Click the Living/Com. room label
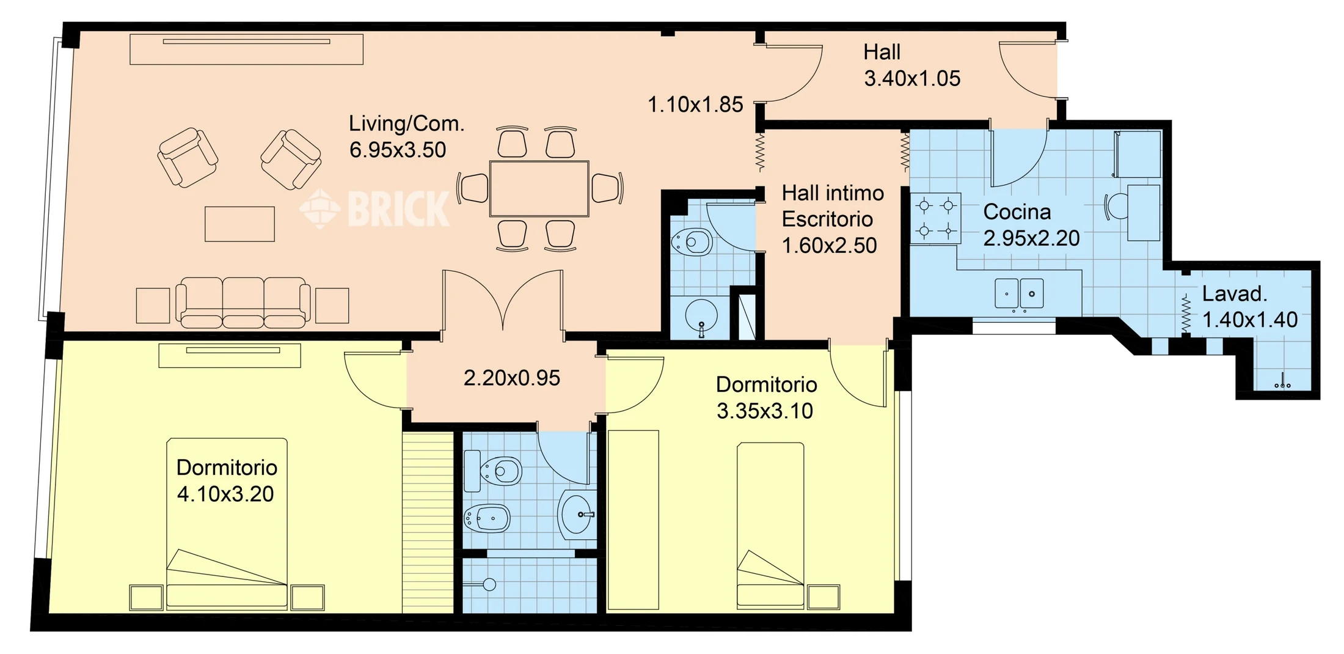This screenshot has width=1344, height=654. tap(406, 123)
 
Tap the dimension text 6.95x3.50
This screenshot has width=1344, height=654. tap(398, 150)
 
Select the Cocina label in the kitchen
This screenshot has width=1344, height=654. tap(1017, 212)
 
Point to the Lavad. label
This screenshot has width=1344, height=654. tap(1235, 294)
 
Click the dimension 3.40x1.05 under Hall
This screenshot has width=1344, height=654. tap(912, 78)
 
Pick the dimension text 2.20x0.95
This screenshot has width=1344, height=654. tap(512, 378)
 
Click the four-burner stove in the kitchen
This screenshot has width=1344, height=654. tap(935, 219)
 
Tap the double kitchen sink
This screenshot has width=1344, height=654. tap(1019, 293)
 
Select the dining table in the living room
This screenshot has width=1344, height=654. tap(539, 189)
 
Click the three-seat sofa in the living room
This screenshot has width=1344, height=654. tap(243, 303)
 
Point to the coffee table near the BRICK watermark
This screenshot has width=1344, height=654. tap(239, 224)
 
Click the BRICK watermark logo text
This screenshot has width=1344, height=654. tap(398, 208)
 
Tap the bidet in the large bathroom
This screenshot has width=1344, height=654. tap(487, 519)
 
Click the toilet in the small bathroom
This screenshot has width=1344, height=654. tap(692, 242)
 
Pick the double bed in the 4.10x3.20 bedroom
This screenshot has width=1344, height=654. tap(227, 523)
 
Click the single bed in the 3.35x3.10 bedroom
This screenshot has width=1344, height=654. tap(770, 526)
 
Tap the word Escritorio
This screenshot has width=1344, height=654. tap(827, 219)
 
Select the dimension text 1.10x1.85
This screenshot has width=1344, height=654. tap(695, 105)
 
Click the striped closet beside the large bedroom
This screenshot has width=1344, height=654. tap(428, 523)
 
